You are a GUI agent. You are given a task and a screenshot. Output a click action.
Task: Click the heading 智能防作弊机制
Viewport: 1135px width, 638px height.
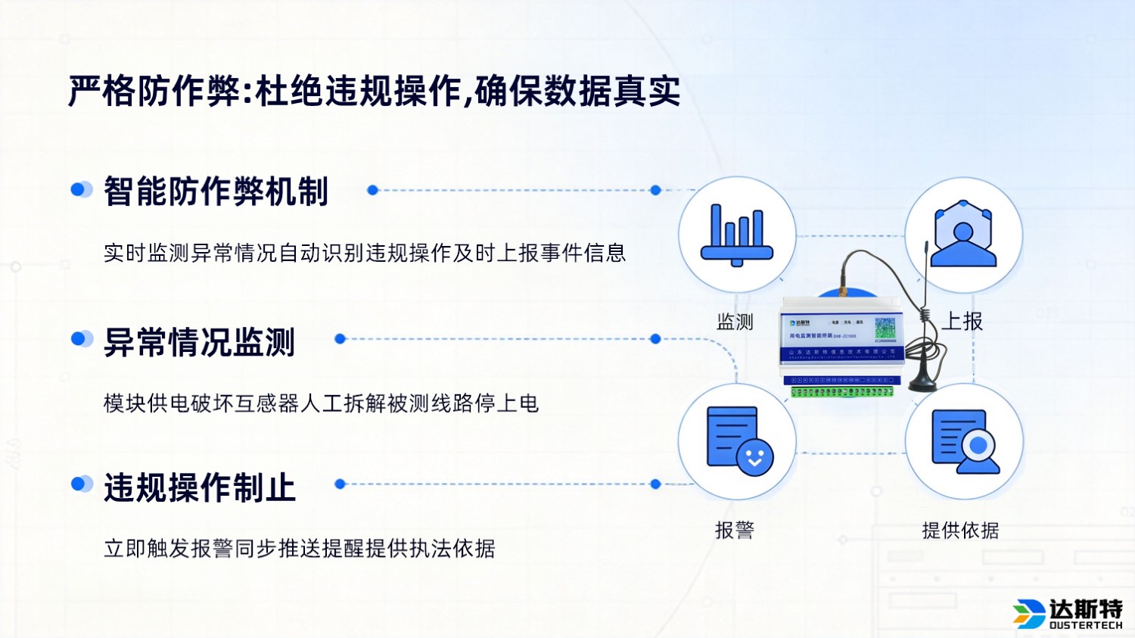pos(216,191)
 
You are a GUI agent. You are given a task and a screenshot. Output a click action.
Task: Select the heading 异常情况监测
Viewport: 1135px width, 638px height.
pos(199,342)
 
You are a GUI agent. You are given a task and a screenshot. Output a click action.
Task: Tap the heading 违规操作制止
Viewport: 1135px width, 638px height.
pos(199,487)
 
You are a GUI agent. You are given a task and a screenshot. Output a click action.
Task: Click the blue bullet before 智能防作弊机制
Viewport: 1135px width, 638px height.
pos(80,189)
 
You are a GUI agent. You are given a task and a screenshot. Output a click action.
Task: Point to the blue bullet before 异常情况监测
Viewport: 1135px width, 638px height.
pos(80,338)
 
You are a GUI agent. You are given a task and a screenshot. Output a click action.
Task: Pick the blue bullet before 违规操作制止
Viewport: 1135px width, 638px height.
pos(80,484)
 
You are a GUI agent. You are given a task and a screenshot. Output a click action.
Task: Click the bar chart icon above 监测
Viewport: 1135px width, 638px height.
pos(736,235)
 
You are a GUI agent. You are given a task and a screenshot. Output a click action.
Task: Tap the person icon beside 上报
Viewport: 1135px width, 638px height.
pos(963,234)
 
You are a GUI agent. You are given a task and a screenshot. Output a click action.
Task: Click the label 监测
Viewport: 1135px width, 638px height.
pos(735,322)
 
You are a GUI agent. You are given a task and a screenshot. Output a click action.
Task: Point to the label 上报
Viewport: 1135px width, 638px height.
pos(962,322)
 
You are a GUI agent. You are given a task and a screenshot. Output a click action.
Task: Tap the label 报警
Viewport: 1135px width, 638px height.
pos(735,531)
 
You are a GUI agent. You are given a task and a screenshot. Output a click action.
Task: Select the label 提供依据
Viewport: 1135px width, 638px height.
pos(960,531)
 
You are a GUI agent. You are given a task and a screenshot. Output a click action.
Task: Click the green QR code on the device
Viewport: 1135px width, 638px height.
pos(885,328)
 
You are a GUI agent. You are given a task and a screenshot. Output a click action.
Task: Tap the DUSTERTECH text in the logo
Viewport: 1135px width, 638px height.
pos(1085,626)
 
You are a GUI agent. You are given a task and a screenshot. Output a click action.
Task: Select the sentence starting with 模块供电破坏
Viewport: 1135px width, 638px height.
pos(321,403)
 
